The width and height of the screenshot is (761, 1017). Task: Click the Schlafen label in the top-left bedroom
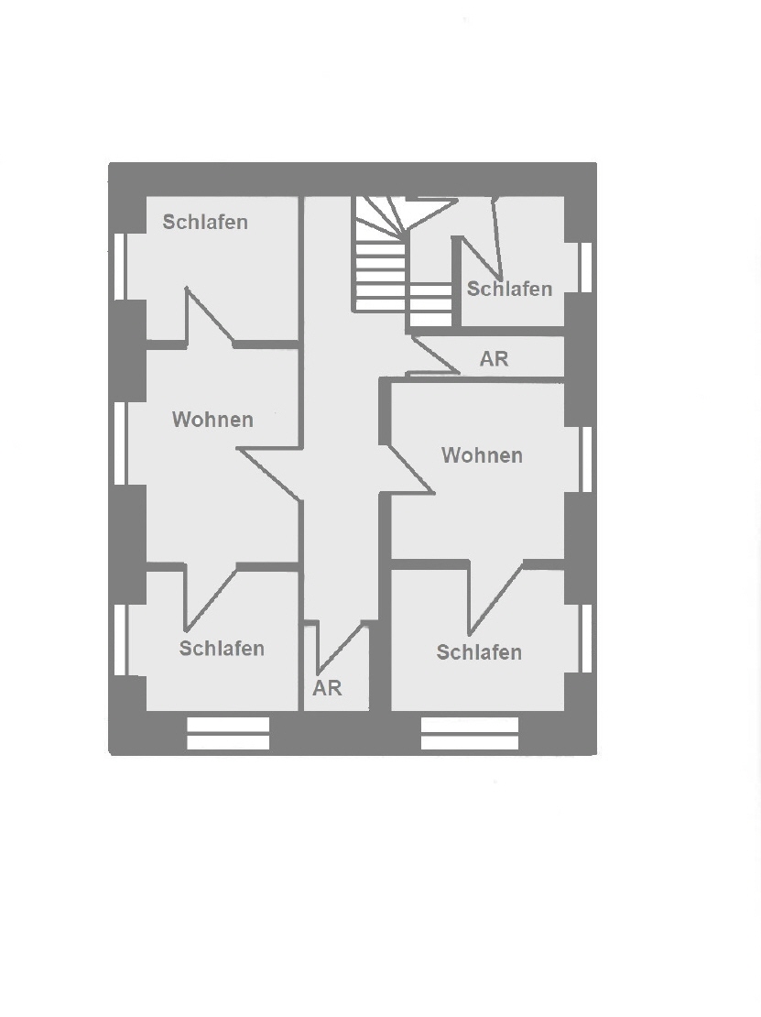[x=205, y=222]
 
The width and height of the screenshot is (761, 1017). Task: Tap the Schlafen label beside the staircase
[x=509, y=289]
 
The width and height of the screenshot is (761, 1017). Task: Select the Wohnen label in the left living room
[x=212, y=420]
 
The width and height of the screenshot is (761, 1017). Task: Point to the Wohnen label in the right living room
[x=482, y=455]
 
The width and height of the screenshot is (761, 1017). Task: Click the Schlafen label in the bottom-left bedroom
[x=222, y=649]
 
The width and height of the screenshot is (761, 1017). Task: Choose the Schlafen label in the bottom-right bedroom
[x=479, y=651]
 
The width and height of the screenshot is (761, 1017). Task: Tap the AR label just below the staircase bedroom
[x=494, y=358]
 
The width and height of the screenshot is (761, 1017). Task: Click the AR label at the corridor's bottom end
[x=327, y=688]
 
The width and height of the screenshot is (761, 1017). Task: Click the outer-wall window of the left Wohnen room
[x=120, y=443]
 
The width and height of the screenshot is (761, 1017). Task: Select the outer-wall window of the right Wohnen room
[x=586, y=459]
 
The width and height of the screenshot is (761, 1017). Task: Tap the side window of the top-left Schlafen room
[x=120, y=266]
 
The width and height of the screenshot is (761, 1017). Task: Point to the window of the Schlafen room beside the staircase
[x=586, y=268]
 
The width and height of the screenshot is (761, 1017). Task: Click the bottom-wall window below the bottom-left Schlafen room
[x=228, y=734]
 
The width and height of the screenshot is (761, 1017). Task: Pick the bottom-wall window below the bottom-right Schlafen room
[x=470, y=734]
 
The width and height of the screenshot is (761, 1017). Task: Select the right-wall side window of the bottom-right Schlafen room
[x=586, y=639]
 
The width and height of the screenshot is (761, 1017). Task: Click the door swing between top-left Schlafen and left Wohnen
[x=210, y=316]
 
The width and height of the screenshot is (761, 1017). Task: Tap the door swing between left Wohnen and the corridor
[x=269, y=474]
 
